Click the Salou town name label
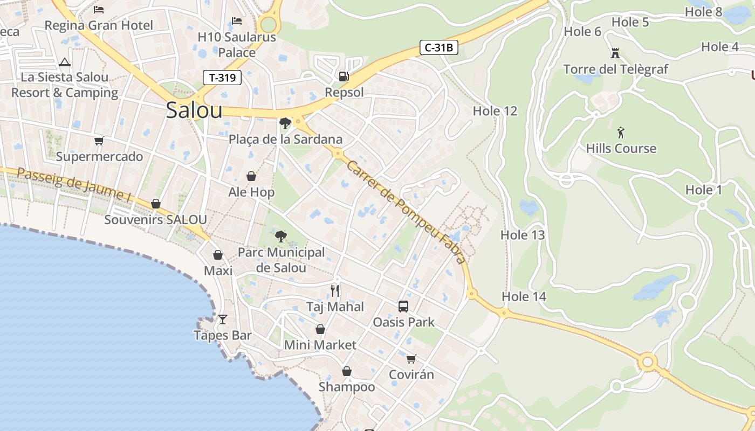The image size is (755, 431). pos(194,110)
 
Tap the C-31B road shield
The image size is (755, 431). pos(438,47)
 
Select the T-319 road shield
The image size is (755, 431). pos(222,78)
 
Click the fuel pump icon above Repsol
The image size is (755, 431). pos(344,77)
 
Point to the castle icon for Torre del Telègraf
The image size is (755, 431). pos(615,53)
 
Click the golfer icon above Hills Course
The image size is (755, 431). pos(621,133)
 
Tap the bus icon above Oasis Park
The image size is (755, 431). pos(403,307)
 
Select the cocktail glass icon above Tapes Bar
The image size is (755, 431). pos(222,319)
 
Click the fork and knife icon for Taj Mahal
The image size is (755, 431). pos(335,291)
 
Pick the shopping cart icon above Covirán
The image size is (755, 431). pos(411,359)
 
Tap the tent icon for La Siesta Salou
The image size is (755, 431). pos(65,62)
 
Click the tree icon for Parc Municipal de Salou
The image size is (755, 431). pos(280,236)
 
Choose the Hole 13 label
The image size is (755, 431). pos(523,235)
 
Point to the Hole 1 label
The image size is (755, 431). pos(703,190)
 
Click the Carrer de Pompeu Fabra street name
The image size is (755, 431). pos(406,212)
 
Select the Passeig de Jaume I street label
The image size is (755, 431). pos(74,185)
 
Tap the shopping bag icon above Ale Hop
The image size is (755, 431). pos(251,176)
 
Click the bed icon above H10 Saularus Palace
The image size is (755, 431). pos(236,22)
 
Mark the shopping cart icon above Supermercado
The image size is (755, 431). pos(99,141)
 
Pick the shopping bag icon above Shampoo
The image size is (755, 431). pos(347,371)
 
